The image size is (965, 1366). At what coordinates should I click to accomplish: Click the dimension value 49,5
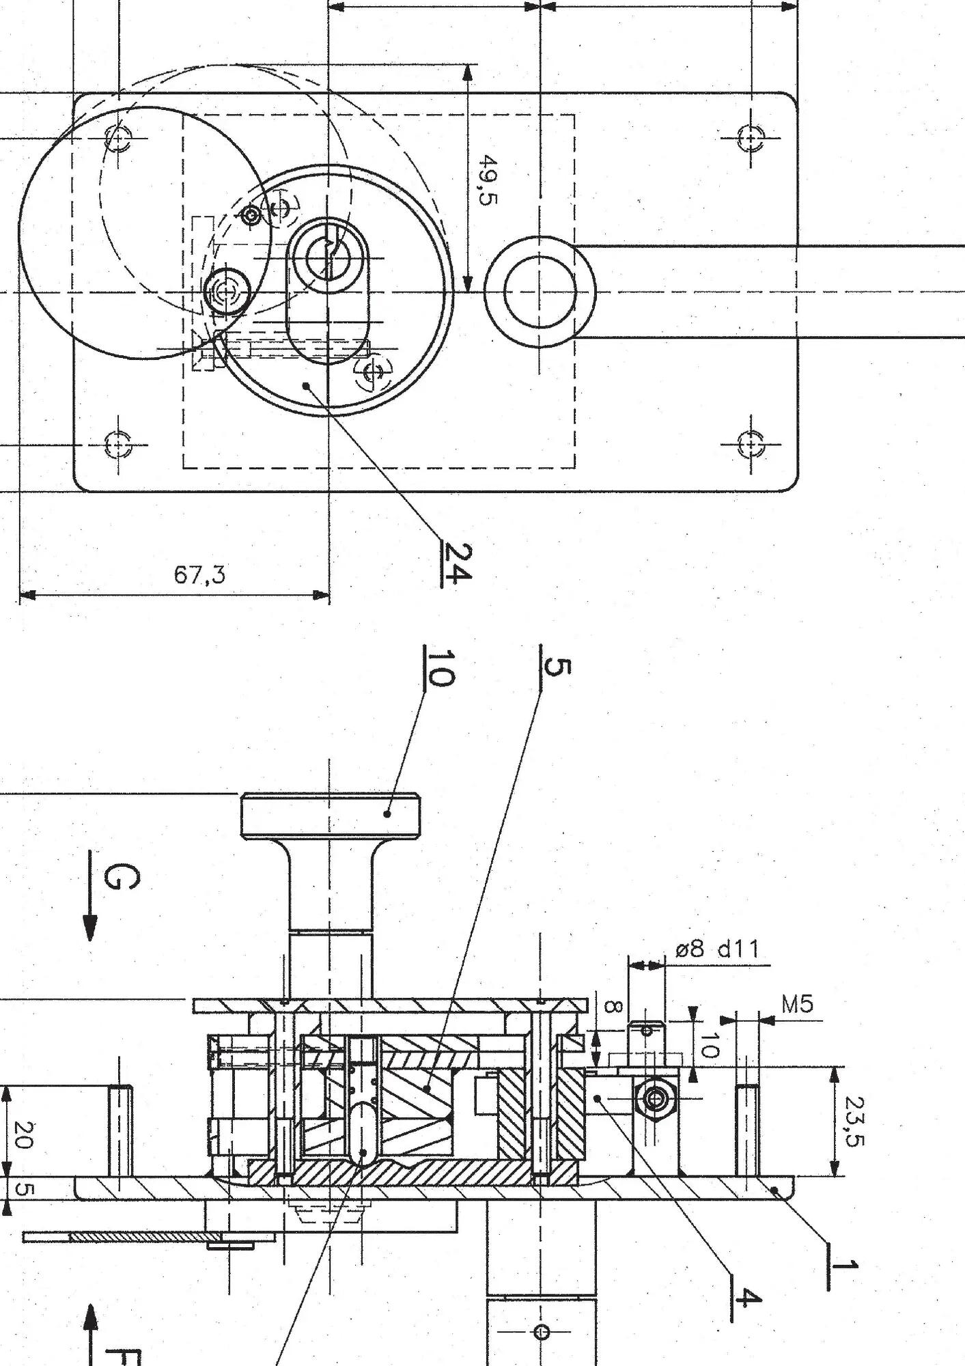[488, 179]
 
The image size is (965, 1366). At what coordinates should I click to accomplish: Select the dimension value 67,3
[199, 574]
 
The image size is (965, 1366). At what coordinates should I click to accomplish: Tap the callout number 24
[456, 563]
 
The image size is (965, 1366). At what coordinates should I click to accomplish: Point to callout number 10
[439, 667]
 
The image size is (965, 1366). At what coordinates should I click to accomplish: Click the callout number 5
[555, 667]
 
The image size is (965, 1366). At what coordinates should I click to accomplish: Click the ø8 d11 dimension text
[717, 949]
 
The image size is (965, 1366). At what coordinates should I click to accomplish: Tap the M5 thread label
[797, 1004]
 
